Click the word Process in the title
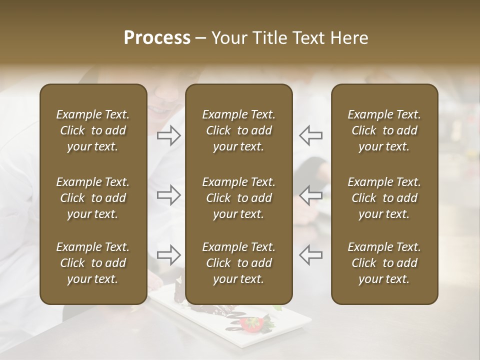click(157, 38)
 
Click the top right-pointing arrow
click(169, 135)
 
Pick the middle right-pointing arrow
click(169, 194)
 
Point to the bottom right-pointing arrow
click(169, 254)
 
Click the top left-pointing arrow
click(311, 135)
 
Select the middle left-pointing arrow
click(311, 194)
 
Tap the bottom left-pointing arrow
click(311, 254)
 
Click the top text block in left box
click(93, 130)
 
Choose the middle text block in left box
click(93, 198)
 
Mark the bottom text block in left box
click(93, 263)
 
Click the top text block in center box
click(238, 130)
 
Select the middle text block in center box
click(238, 198)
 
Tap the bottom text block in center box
click(238, 263)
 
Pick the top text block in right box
click(384, 130)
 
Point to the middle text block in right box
click(384, 198)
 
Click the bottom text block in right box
click(384, 263)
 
